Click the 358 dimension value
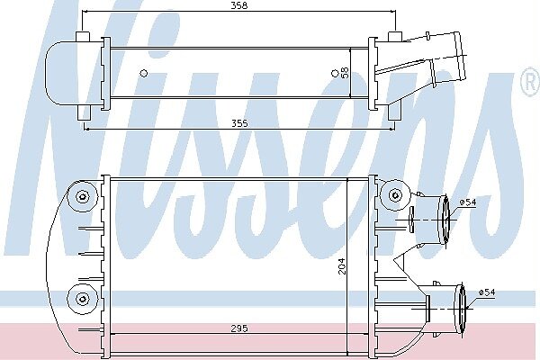239,5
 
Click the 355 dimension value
239,123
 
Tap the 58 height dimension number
345,72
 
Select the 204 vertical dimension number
342,266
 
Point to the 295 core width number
239,328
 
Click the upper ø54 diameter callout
468,202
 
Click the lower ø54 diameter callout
487,292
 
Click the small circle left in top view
144,73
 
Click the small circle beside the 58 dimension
335,73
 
